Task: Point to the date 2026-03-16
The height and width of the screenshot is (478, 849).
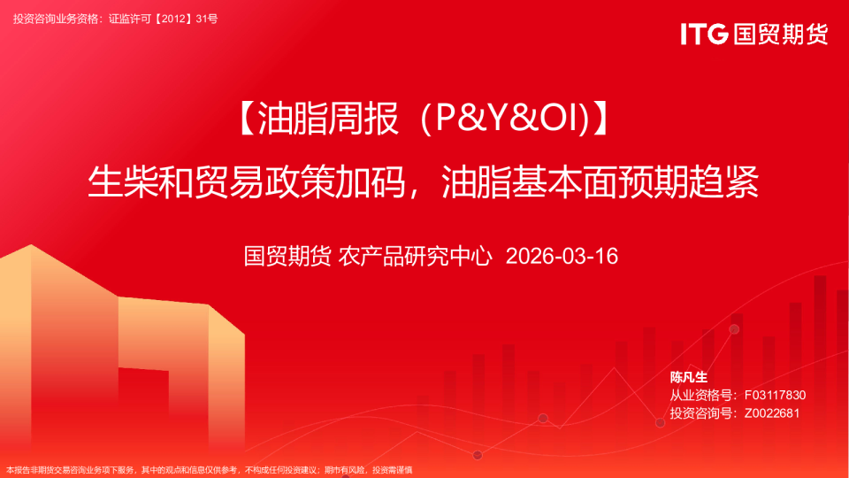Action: click(561, 257)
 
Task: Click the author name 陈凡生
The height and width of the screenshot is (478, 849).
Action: click(689, 377)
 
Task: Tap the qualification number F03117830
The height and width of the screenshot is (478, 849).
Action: click(775, 395)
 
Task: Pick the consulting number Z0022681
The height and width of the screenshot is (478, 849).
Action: click(771, 412)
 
